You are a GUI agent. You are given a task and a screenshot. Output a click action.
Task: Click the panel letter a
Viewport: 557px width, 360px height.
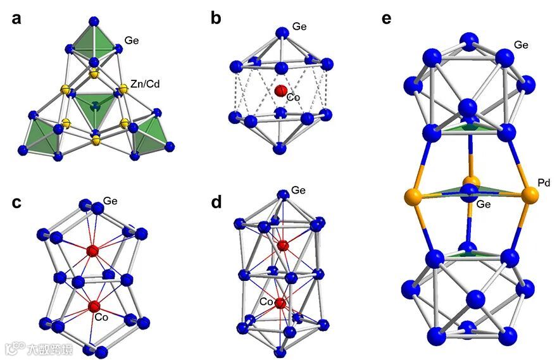(17, 18)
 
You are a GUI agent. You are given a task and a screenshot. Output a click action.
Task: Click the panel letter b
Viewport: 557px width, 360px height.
(216, 18)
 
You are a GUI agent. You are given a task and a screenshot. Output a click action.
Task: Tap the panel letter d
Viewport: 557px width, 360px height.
(216, 204)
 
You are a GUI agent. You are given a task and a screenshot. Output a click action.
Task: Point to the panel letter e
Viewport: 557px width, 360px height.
(387, 18)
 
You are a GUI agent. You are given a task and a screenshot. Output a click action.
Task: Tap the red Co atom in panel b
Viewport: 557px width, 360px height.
(281, 91)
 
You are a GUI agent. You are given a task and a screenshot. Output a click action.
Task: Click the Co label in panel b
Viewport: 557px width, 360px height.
(293, 98)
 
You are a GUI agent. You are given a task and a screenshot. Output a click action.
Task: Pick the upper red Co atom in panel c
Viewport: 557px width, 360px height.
(93, 251)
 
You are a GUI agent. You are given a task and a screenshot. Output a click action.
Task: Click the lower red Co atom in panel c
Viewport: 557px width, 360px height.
(95, 306)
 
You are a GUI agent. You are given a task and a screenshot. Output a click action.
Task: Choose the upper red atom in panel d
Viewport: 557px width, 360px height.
(282, 245)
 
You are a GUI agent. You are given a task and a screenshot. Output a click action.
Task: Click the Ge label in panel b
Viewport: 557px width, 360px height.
(299, 27)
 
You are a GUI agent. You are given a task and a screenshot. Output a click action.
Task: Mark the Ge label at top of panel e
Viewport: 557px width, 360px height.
(521, 45)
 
